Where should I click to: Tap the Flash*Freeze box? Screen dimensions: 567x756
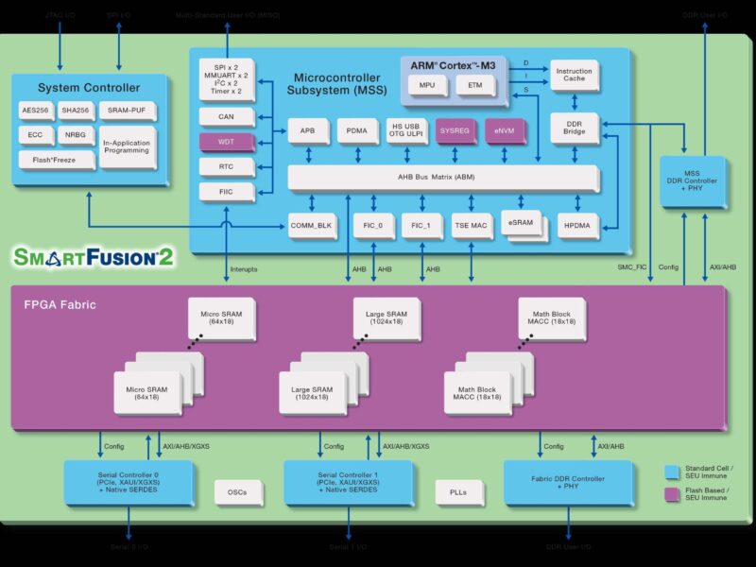(x=47, y=160)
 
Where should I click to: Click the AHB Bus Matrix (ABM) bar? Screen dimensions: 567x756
(x=442, y=178)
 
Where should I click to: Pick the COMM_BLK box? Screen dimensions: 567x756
(x=312, y=225)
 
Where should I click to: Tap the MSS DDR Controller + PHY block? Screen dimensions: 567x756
(x=693, y=181)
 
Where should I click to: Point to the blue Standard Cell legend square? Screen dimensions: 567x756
(x=673, y=471)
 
